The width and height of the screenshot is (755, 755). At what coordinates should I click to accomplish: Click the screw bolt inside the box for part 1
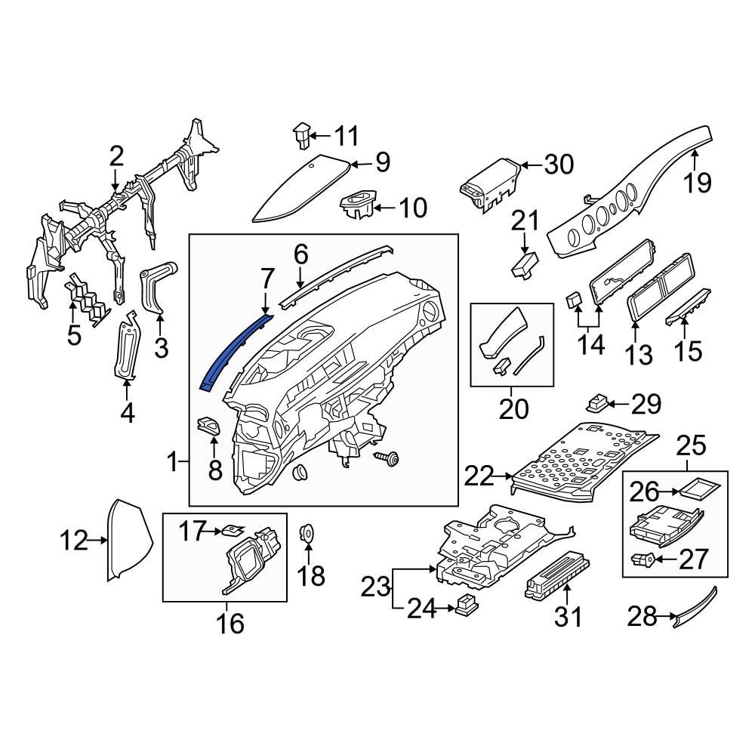click(x=389, y=458)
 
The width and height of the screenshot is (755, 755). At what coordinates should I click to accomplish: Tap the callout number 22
click(x=479, y=476)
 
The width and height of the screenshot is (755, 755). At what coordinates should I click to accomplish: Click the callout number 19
click(x=698, y=183)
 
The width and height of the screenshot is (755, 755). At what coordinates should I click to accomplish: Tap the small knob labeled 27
click(x=642, y=559)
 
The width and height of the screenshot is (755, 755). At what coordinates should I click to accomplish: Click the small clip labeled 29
click(x=600, y=399)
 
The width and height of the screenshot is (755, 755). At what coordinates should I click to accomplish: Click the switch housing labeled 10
click(x=357, y=204)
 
